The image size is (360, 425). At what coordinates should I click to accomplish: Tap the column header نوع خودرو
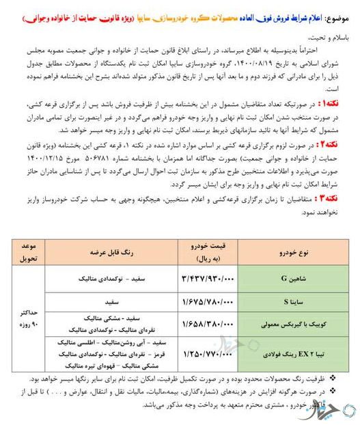pos(294,251)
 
